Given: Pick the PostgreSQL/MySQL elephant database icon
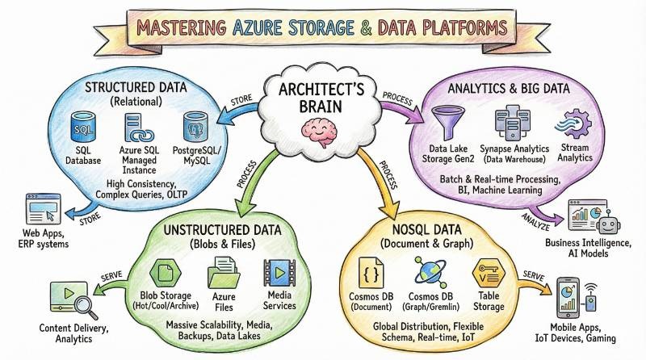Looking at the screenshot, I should [195, 128].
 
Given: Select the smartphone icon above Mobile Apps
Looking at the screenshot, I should [568, 295].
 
